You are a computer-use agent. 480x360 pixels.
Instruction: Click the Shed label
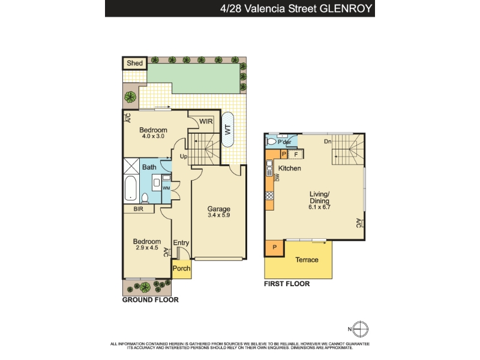click(x=134, y=63)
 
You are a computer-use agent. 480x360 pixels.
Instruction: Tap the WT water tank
click(x=227, y=130)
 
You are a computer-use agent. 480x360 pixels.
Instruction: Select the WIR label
click(x=206, y=121)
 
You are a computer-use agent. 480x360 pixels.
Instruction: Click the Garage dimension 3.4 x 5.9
click(x=218, y=215)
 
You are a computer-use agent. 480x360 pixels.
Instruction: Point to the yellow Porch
click(x=182, y=269)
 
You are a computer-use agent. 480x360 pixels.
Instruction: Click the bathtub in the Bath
click(x=131, y=188)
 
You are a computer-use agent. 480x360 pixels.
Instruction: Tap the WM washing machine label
click(x=166, y=188)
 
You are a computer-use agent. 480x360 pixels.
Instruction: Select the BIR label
click(x=139, y=209)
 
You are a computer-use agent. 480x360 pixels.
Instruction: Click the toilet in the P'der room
click(x=272, y=142)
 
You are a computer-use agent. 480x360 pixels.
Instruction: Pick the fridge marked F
click(x=296, y=155)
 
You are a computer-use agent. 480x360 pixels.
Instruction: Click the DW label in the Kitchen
click(x=277, y=178)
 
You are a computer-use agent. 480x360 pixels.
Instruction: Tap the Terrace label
click(x=307, y=260)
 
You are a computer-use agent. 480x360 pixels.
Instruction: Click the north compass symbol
click(x=361, y=329)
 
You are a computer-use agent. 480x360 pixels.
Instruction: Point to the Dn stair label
click(x=328, y=142)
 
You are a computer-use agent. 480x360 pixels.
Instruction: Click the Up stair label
click(x=184, y=157)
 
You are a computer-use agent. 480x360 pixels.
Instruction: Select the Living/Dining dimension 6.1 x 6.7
click(x=319, y=207)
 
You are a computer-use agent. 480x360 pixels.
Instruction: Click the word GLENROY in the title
click(x=346, y=8)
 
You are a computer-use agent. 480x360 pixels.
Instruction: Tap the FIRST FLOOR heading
click(x=287, y=284)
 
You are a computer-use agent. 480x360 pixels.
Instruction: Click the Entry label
click(x=181, y=243)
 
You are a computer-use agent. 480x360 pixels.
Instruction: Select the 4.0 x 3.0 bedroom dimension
click(x=153, y=136)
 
